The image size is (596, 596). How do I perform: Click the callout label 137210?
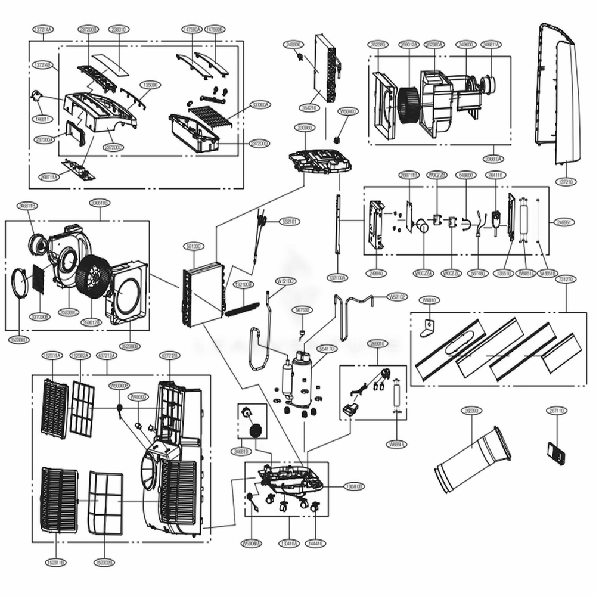point(566,181)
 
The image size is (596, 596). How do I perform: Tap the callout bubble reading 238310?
point(116,29)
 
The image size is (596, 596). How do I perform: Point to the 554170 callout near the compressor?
point(327,348)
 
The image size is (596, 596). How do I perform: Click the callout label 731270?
point(565,279)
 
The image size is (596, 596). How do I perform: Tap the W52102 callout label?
point(398,296)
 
